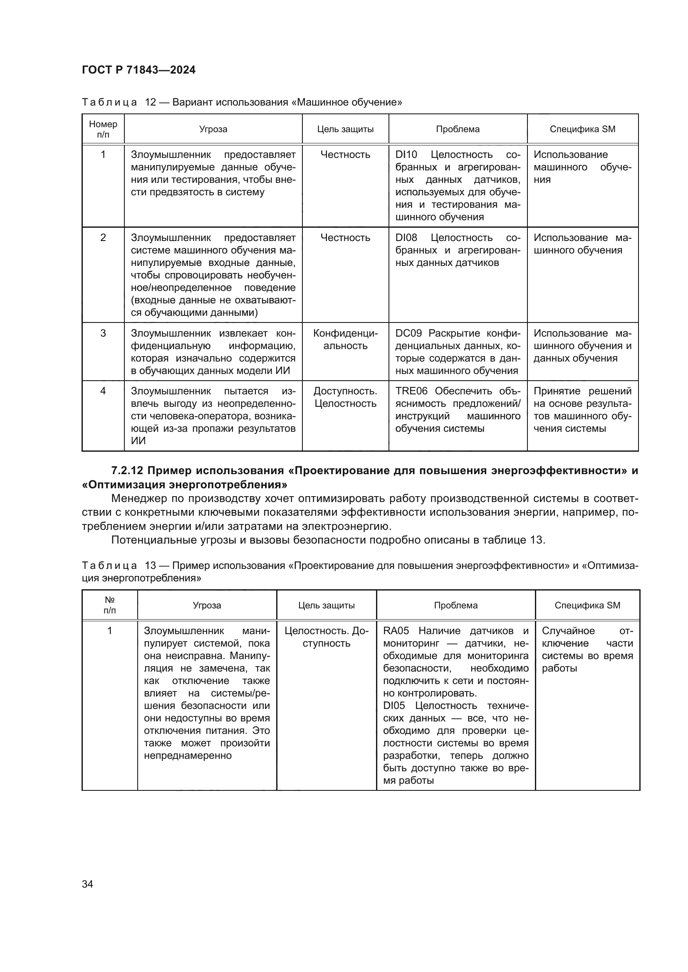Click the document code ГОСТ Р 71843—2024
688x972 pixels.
tap(139, 70)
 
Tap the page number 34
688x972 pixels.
tap(87, 884)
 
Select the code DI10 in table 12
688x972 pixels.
tap(406, 155)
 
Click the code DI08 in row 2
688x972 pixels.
tap(406, 238)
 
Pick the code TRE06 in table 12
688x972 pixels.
tap(411, 391)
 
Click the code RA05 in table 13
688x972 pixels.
tap(396, 631)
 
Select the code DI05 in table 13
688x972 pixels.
tap(394, 706)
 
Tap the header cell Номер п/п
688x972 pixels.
tap(103, 129)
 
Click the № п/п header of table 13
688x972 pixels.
tap(109, 605)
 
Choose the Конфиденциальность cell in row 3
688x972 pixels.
tap(345, 340)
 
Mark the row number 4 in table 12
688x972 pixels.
tap(103, 391)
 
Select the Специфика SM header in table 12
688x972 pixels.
tap(582, 129)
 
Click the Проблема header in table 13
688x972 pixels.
tap(455, 605)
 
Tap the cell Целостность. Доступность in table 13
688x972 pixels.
tap(326, 637)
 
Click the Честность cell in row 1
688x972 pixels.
tap(345, 155)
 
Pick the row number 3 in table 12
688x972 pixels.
tap(103, 333)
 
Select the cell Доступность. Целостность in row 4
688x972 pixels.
tap(345, 397)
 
